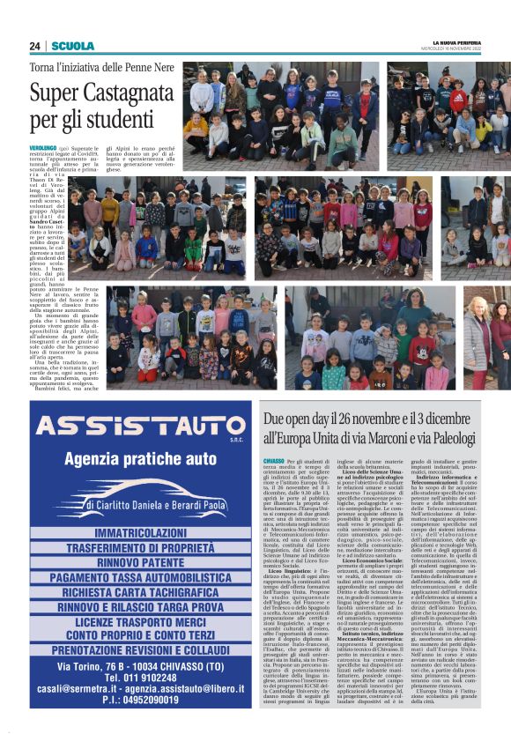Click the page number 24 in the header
34,46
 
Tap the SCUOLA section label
73,46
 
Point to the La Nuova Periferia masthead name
452,43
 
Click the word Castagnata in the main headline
115,92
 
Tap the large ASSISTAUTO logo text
139,427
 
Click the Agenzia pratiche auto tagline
140,459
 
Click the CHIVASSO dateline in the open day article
273,461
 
